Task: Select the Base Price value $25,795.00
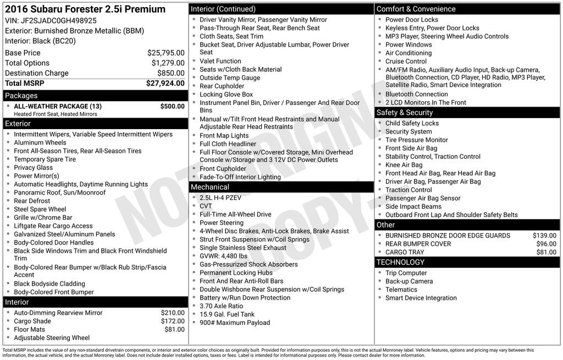165,53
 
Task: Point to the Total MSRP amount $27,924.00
165,84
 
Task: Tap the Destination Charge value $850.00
170,73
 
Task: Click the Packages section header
21,96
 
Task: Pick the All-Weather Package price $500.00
172,106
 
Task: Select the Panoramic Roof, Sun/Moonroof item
59,192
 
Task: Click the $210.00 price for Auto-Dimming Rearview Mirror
173,313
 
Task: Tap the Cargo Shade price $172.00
173,321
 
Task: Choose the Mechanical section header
210,187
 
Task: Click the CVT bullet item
206,206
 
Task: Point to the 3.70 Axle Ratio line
221,306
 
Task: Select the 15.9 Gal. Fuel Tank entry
227,314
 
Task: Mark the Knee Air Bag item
404,165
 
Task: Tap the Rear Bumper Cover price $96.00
546,244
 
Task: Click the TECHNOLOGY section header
401,263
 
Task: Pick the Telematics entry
401,290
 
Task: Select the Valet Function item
220,61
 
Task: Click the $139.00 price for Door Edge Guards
544,236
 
